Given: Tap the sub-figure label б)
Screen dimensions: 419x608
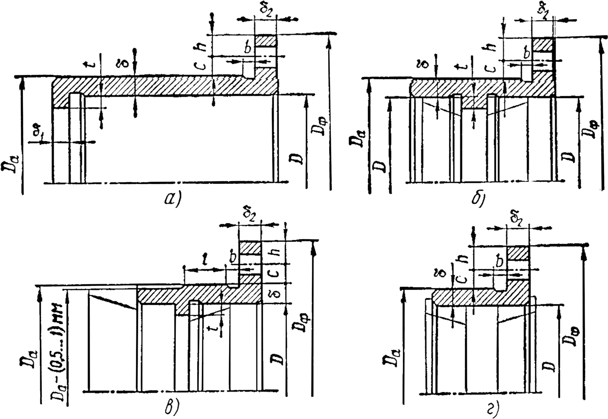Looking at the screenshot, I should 479,199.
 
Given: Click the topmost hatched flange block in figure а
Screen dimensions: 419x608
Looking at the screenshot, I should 265,41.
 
